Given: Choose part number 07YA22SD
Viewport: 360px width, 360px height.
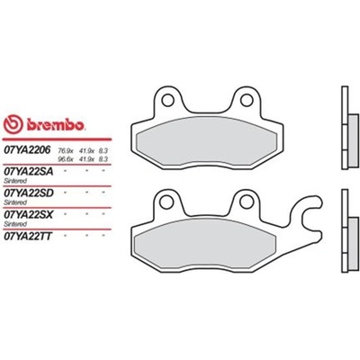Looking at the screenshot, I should point(27,192).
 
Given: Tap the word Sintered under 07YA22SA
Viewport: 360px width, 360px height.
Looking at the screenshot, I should point(16,179).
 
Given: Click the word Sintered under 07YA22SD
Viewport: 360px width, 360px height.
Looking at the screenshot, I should point(16,200).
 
